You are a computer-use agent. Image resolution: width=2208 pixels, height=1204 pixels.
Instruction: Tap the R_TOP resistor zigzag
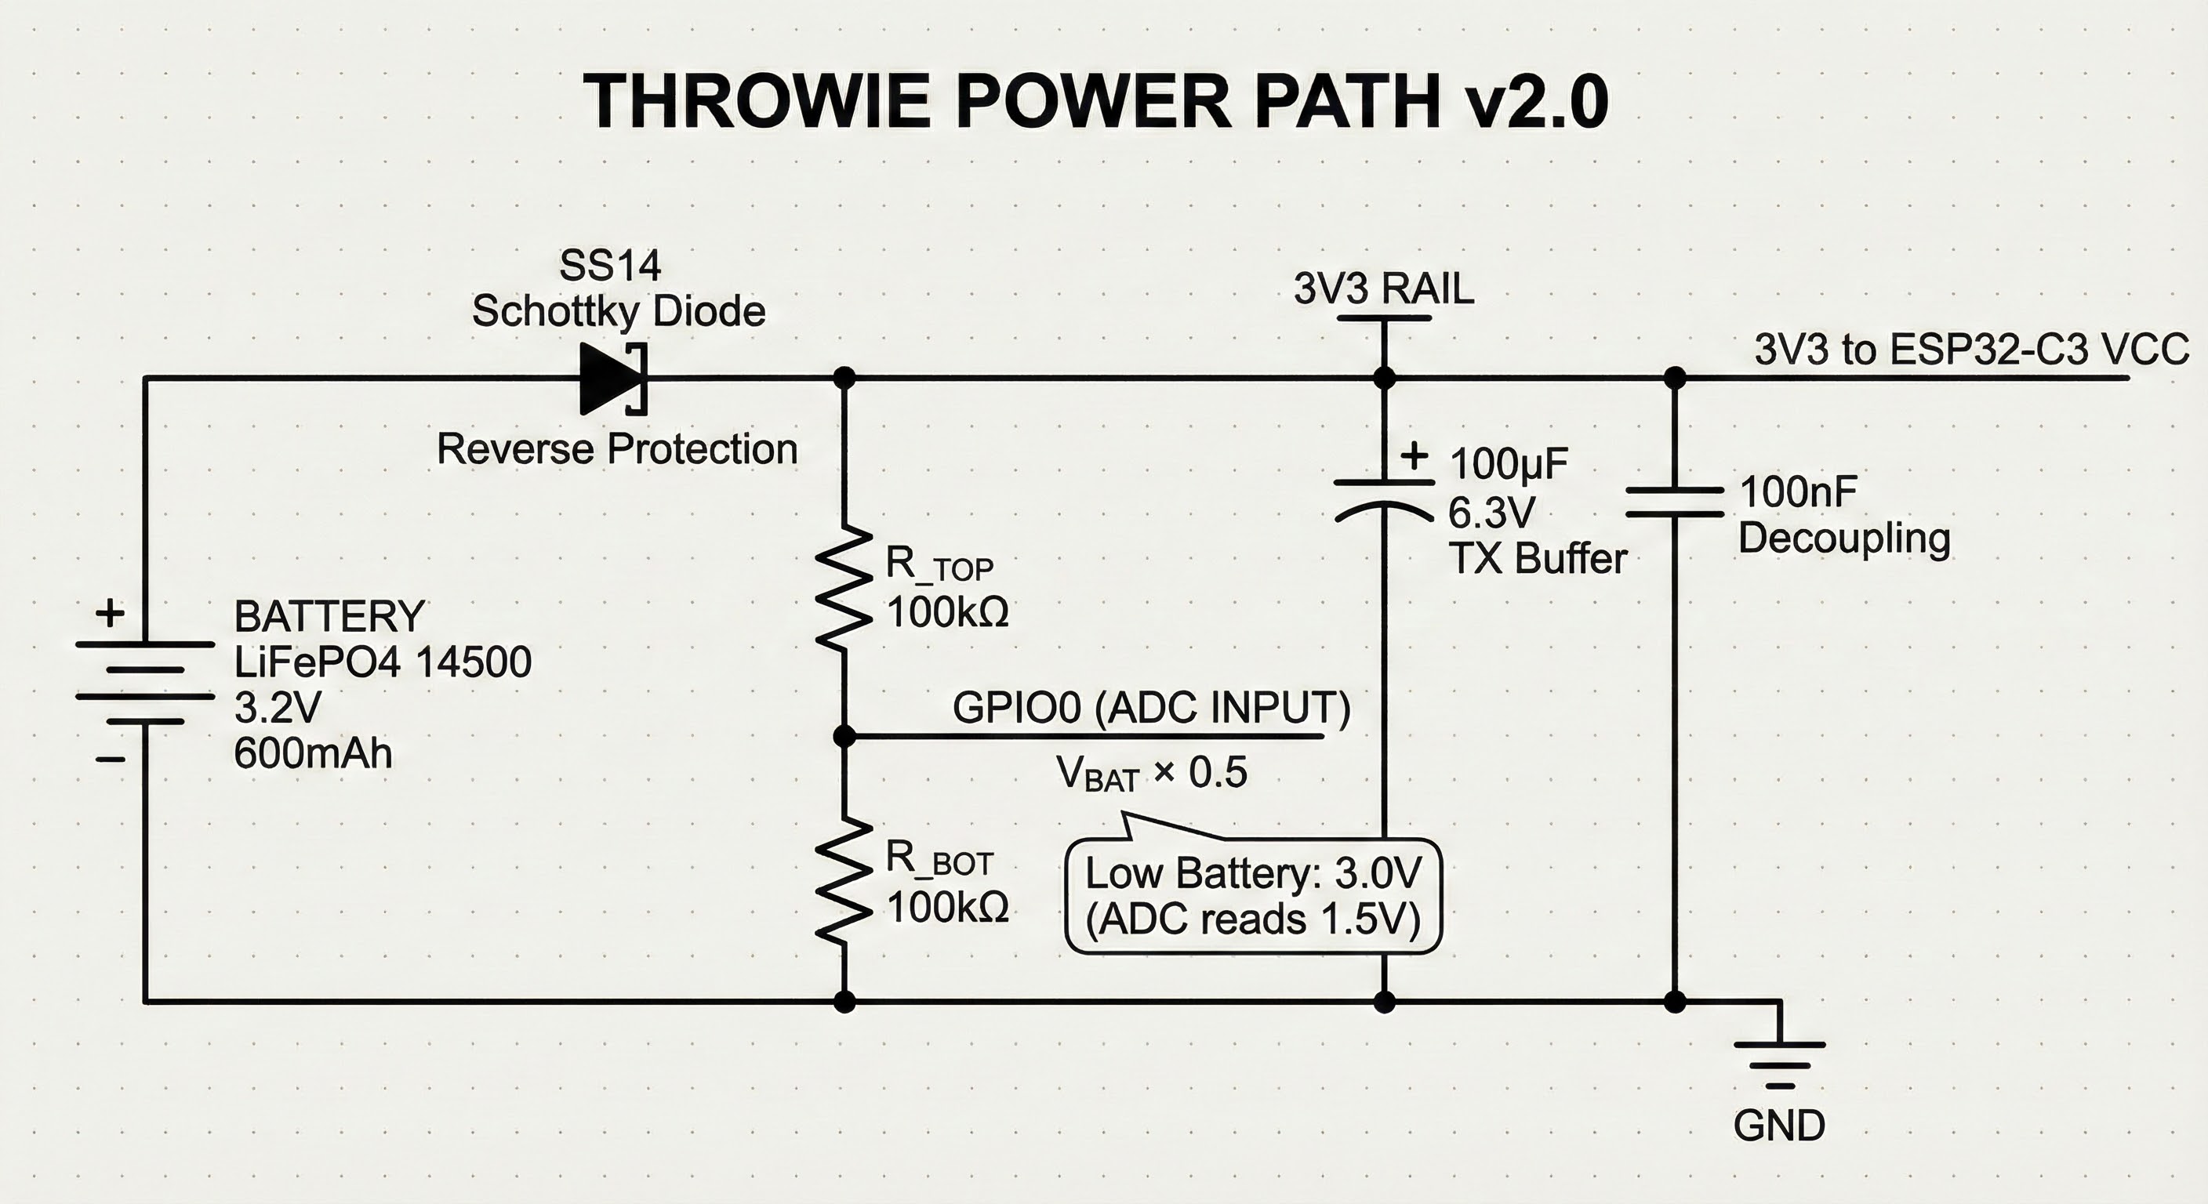(844, 588)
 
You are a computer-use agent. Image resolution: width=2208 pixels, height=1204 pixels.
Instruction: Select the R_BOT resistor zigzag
(844, 881)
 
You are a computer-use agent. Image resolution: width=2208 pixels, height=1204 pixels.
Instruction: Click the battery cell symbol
(144, 683)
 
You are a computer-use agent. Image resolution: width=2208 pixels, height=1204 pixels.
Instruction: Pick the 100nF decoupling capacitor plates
(1674, 502)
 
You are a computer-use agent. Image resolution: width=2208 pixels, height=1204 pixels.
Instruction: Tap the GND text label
(1778, 1125)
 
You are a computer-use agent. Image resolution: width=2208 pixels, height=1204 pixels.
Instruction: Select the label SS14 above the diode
(609, 266)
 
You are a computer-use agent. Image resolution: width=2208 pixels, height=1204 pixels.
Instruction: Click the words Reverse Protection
(617, 449)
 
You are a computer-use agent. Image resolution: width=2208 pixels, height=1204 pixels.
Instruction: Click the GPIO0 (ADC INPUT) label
(1150, 708)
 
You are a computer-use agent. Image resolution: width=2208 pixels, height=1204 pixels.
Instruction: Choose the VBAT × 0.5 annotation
(1150, 773)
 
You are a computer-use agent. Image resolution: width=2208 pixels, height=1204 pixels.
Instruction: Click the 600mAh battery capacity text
(313, 754)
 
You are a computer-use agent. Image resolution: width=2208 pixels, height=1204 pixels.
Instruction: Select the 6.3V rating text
(1491, 513)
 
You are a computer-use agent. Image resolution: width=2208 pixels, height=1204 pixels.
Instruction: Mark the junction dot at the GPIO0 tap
(844, 736)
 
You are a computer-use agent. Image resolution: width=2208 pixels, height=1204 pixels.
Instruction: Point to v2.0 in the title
(1535, 101)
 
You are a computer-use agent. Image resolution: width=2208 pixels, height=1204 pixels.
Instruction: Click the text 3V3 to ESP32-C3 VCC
(1970, 350)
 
